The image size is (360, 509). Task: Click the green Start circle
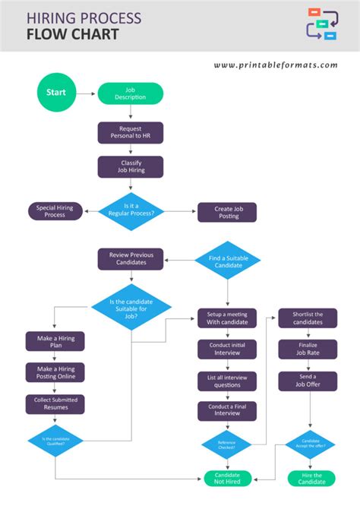(56, 93)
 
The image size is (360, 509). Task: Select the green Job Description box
(130, 93)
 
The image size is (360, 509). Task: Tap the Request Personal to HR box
(130, 133)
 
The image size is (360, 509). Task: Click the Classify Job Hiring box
(130, 167)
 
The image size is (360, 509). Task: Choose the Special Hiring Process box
(55, 211)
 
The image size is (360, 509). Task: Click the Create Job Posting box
(227, 212)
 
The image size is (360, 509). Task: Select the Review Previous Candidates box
(130, 259)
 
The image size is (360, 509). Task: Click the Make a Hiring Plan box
(55, 341)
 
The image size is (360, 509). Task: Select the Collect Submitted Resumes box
(55, 403)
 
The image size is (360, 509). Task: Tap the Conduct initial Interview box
(227, 349)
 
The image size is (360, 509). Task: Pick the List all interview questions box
(227, 381)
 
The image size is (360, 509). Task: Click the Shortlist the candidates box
(308, 318)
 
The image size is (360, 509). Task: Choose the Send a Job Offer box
(308, 381)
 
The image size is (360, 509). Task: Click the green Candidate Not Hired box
(227, 479)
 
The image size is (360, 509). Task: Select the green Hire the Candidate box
(308, 479)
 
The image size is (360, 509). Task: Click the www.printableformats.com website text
(276, 65)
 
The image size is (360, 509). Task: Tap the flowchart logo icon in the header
(321, 24)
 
